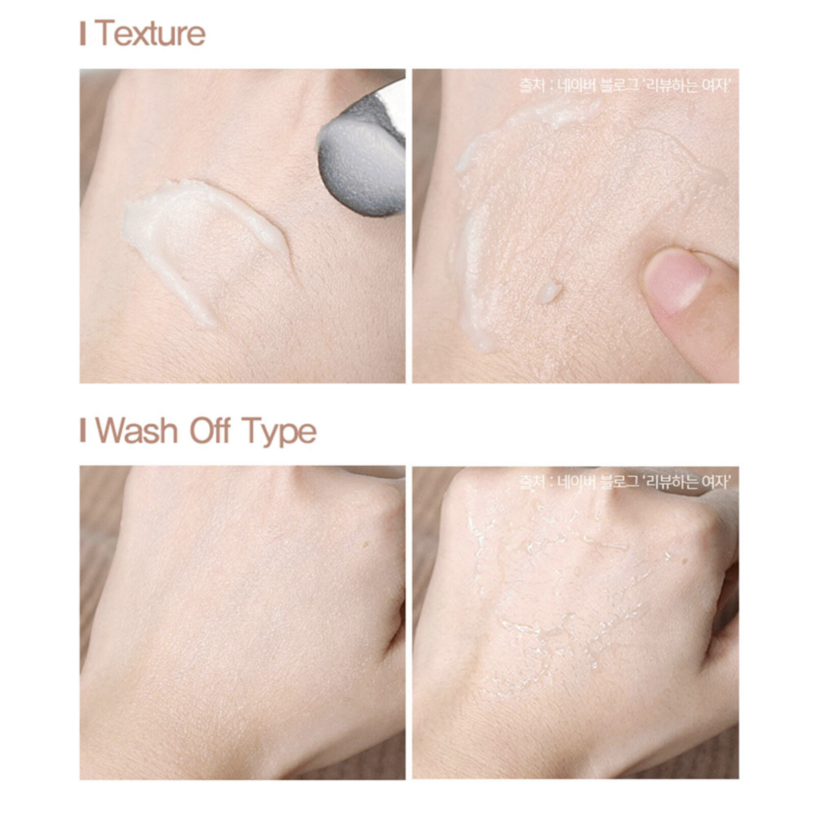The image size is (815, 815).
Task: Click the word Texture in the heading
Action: pos(150,34)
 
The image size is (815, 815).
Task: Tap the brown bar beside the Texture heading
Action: pos(83,34)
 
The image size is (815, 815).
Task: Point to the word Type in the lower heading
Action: pos(279,432)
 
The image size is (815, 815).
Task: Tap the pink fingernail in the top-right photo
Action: pos(675,280)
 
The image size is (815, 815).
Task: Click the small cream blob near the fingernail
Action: pos(549,291)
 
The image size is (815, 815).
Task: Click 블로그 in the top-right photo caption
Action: pos(619,86)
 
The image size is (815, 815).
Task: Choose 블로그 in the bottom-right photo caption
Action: pos(619,481)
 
